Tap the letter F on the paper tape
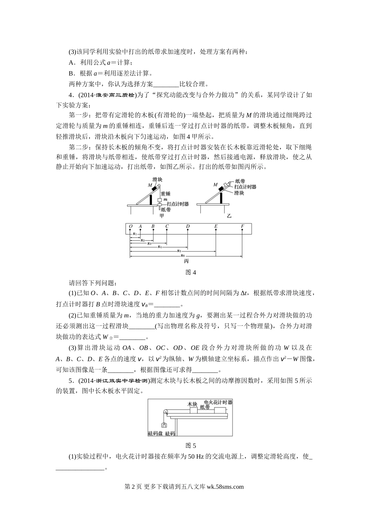pyautogui.click(x=242, y=226)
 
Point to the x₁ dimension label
pyautogui.click(x=134, y=234)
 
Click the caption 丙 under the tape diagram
pyautogui.click(x=186, y=262)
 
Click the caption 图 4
pyautogui.click(x=191, y=272)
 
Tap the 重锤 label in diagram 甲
pyautogui.click(x=165, y=193)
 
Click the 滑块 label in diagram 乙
pyautogui.click(x=239, y=192)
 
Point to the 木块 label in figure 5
pyautogui.click(x=193, y=404)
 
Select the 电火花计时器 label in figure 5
pyautogui.click(x=218, y=402)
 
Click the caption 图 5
pyautogui.click(x=191, y=445)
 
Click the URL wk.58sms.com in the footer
pyautogui.click(x=225, y=487)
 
